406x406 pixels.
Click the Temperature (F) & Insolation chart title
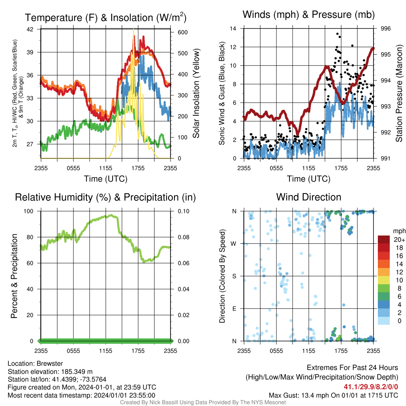point(105,17)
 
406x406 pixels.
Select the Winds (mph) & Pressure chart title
point(308,15)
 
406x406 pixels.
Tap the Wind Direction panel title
point(308,197)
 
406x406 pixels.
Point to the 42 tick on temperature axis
point(30,29)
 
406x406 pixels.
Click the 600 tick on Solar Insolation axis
point(183,33)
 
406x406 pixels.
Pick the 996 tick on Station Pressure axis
point(385,29)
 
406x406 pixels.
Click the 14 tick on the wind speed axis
point(233,29)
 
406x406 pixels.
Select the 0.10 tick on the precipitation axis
point(184,211)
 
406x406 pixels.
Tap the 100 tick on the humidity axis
point(29,211)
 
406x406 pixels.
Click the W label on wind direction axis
point(234,244)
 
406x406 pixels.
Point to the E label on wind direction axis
point(234,308)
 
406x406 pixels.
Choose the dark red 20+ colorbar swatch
point(384,239)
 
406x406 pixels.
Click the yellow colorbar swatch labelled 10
point(384,280)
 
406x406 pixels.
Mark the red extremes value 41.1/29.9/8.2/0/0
point(371,387)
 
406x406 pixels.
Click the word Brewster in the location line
point(50,364)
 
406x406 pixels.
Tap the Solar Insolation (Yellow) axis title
point(196,93)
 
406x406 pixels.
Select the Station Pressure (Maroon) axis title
point(399,93)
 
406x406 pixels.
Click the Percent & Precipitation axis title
point(14,276)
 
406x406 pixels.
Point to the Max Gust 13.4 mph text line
point(333,395)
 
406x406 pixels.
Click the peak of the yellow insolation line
point(134,29)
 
